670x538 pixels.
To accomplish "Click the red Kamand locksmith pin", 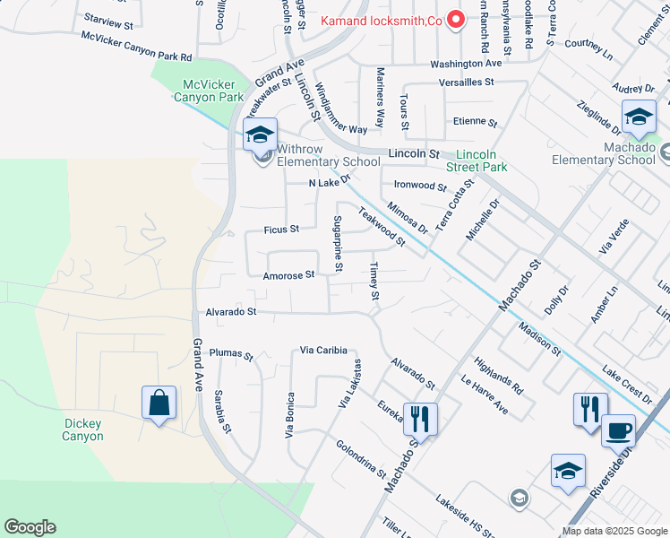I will click(456, 19).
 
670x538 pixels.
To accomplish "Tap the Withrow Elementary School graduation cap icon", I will click(260, 135).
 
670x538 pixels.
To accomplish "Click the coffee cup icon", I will click(618, 430).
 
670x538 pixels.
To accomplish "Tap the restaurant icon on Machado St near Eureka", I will click(419, 417).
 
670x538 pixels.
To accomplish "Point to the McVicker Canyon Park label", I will click(213, 91).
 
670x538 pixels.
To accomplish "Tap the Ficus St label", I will click(281, 230).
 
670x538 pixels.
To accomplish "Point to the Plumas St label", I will click(232, 354).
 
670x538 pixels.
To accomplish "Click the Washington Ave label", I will click(466, 65).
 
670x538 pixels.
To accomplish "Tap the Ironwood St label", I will click(419, 187).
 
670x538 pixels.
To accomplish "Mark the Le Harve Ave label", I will click(485, 395).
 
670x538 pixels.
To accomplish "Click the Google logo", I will click(29, 527).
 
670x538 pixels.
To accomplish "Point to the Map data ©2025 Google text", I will click(614, 531).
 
